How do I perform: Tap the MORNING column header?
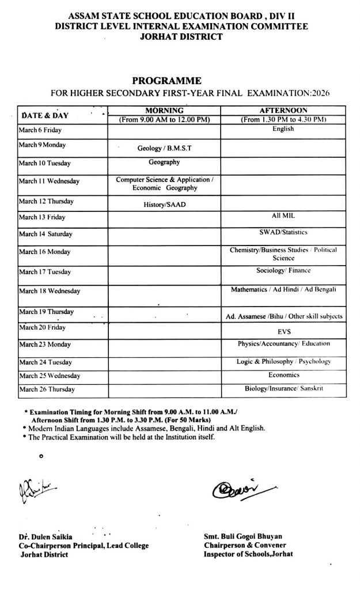[164, 110]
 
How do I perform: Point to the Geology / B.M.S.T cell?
[164, 148]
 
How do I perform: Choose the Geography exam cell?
[164, 162]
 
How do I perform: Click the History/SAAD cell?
[164, 205]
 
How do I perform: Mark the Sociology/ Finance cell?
[283, 270]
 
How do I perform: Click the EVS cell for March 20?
[283, 332]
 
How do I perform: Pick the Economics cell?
[283, 375]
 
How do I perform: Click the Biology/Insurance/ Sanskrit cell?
[283, 389]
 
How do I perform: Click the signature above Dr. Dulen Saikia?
[38, 490]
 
